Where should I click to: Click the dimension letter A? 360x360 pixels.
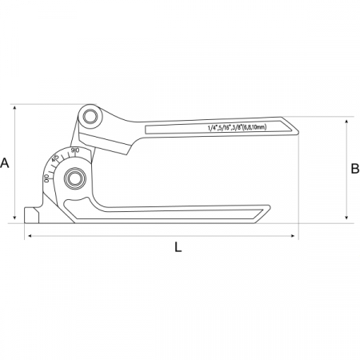point(5,163)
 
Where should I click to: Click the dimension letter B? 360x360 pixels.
point(355,169)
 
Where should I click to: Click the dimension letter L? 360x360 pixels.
point(178,247)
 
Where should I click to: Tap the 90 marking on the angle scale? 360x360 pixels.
point(75,150)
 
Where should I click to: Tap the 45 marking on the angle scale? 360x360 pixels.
point(55,158)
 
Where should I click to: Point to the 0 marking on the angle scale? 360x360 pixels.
point(46,178)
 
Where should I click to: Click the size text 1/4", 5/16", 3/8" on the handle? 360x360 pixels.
point(225,128)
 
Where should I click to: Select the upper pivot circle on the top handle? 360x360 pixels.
point(90,116)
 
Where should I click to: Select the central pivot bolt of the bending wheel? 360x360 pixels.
point(74,178)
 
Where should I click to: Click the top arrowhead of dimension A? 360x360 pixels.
point(15,107)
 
